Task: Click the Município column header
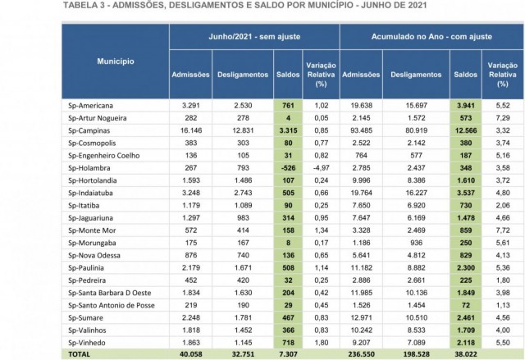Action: tap(116, 62)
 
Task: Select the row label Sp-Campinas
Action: tap(89, 130)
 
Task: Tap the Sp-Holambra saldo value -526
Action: tap(288, 168)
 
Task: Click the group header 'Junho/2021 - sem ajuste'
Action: tap(254, 36)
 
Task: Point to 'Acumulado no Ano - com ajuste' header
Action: tap(431, 36)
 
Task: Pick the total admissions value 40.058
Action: tap(191, 354)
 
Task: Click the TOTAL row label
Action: tap(79, 354)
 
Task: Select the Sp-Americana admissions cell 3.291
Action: tap(191, 106)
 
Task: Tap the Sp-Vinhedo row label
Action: tap(87, 343)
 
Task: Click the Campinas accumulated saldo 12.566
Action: tap(466, 130)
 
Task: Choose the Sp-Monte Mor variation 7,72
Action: tap(503, 230)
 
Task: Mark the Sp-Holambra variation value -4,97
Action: tap(321, 168)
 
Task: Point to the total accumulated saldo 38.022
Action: tap(466, 354)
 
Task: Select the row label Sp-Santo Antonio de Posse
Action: tap(112, 305)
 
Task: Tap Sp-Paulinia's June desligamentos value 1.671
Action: tap(243, 267)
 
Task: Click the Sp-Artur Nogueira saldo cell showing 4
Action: tap(288, 118)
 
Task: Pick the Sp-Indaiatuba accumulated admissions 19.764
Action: tap(361, 193)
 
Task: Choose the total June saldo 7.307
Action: tap(288, 354)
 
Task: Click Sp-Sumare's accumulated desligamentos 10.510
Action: tap(416, 317)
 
